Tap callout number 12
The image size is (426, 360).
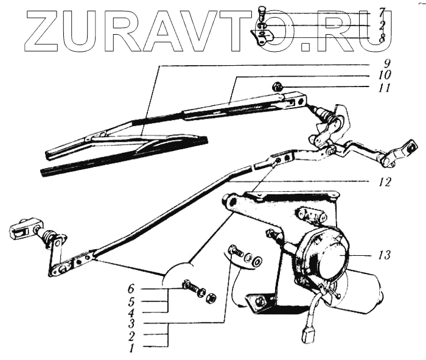(x=380, y=182)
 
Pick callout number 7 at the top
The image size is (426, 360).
(x=382, y=12)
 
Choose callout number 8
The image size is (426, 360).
(x=382, y=37)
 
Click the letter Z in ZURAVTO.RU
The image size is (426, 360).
(x=44, y=31)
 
